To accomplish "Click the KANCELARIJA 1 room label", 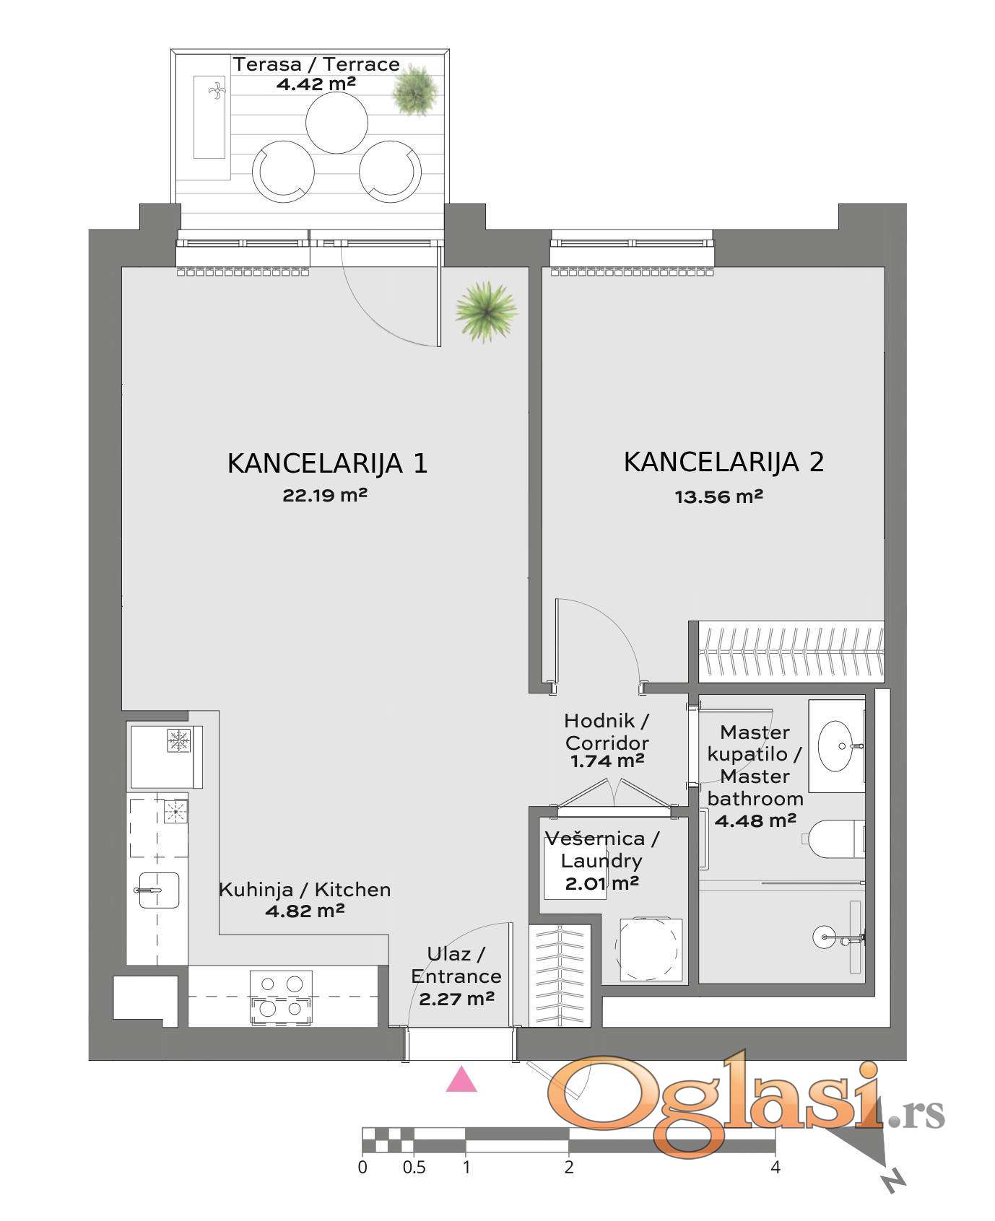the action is click(x=327, y=463).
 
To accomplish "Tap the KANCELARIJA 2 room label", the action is click(x=724, y=462).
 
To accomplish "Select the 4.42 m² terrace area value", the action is click(x=316, y=83).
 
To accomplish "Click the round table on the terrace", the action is click(x=336, y=122).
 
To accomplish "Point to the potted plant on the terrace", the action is click(x=415, y=90).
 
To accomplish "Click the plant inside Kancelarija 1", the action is click(x=487, y=311).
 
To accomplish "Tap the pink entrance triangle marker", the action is click(x=461, y=1080).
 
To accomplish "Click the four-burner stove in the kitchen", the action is click(x=281, y=997).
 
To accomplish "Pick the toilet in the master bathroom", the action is click(x=835, y=839).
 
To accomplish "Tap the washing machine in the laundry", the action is click(x=649, y=949).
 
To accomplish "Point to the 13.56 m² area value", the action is click(x=719, y=496).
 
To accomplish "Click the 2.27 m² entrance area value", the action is click(x=456, y=999).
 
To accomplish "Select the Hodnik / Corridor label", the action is click(x=607, y=731).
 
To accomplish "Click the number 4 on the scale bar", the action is click(x=775, y=1167).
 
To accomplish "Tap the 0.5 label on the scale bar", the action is click(x=414, y=1167).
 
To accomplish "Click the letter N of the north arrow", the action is click(x=893, y=1181).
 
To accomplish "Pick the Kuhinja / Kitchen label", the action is click(x=305, y=890).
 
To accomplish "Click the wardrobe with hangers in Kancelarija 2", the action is click(x=791, y=652).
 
